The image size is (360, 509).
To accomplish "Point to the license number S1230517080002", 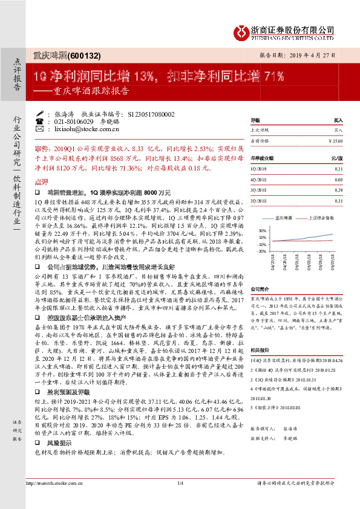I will [151, 114].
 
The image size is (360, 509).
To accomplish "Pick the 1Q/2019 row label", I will [258, 170].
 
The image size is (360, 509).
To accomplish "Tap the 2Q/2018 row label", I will [258, 200].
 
